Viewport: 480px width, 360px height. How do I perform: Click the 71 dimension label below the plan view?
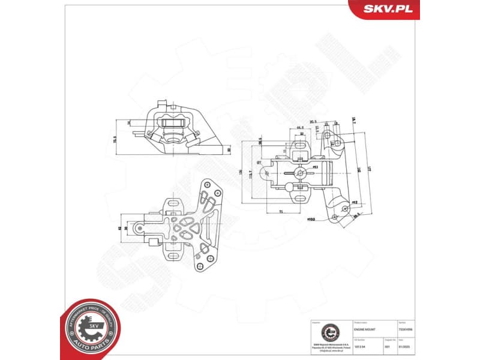[x=280, y=212]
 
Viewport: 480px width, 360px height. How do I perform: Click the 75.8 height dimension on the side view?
[x=115, y=139]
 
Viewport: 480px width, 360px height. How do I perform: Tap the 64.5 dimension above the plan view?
[x=299, y=128]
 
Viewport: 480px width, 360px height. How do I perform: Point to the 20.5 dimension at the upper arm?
[x=313, y=123]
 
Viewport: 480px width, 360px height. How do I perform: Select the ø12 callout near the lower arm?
[x=355, y=203]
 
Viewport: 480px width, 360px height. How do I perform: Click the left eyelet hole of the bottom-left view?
[x=139, y=229]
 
